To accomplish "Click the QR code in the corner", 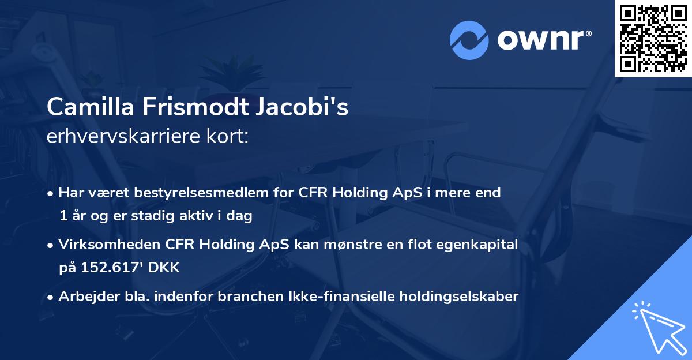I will (x=653, y=38).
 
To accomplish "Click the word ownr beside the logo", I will (x=543, y=39).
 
